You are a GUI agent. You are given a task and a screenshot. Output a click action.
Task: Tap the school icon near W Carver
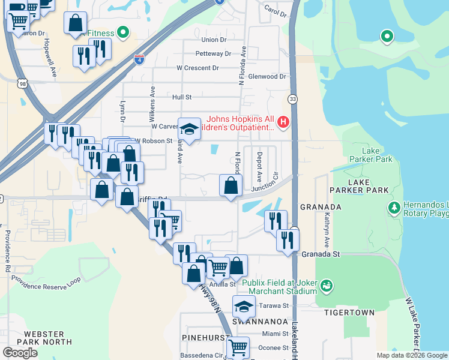pyautogui.click(x=189, y=129)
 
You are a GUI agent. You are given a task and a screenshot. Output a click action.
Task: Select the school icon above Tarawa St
pyautogui.click(x=244, y=307)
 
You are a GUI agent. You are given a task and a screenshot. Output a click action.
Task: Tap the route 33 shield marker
pyautogui.click(x=292, y=98)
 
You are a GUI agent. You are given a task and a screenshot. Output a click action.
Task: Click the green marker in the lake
pyautogui.click(x=387, y=37)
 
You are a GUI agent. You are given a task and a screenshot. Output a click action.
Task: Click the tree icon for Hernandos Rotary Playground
pyautogui.click(x=394, y=208)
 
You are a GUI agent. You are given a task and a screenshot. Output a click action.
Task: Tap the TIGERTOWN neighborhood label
pyautogui.click(x=349, y=313)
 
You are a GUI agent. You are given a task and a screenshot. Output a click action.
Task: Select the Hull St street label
pyautogui.click(x=181, y=97)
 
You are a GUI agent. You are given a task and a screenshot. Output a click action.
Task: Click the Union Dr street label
pyautogui.click(x=214, y=40)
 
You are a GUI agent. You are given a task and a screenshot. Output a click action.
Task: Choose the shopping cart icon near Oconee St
pyautogui.click(x=238, y=347)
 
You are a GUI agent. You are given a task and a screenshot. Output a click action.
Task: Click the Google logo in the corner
pyautogui.click(x=20, y=353)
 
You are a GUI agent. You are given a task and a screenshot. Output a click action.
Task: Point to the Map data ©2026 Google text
pyautogui.click(x=412, y=355)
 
